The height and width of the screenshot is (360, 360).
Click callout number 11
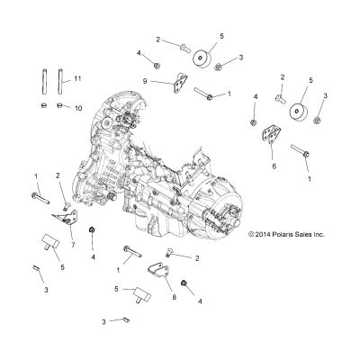(x=77, y=79)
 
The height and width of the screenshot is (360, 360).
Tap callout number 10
(x=78, y=108)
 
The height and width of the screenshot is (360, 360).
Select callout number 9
(x=145, y=81)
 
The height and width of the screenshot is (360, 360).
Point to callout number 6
(x=274, y=166)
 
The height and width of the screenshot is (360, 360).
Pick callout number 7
(x=73, y=245)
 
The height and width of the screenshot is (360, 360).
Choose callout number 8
(x=174, y=297)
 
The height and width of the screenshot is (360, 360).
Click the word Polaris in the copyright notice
(x=283, y=234)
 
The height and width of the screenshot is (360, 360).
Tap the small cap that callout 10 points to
(x=59, y=105)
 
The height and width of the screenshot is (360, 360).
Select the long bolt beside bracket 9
(x=203, y=93)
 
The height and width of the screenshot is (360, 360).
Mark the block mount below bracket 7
(x=50, y=242)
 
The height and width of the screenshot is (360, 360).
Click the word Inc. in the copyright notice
(x=319, y=234)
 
